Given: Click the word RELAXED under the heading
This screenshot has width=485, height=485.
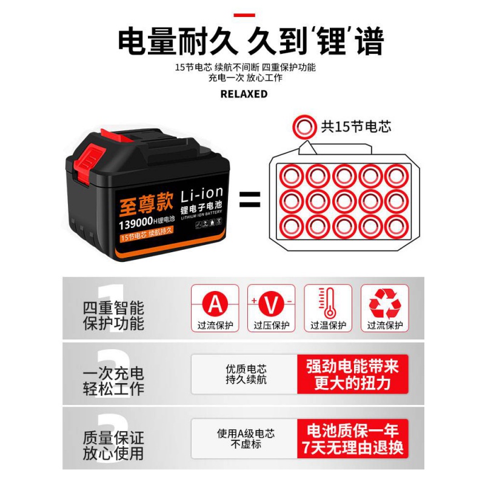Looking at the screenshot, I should pyautogui.click(x=243, y=94).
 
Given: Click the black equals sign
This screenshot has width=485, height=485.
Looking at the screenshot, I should pyautogui.click(x=250, y=199).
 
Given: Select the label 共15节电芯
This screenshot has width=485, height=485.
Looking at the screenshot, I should pyautogui.click(x=356, y=127).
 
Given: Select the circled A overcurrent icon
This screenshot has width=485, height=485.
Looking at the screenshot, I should pyautogui.click(x=215, y=302).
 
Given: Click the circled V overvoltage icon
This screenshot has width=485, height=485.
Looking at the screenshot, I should pyautogui.click(x=271, y=302).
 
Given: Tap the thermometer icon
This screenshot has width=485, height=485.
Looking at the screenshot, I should pyautogui.click(x=328, y=302).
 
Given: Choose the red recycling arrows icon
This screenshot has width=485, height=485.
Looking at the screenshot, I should pyautogui.click(x=384, y=302).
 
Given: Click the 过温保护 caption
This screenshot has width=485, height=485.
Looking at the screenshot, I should pyautogui.click(x=328, y=326).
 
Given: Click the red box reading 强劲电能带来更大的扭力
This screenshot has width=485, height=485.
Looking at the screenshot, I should pyautogui.click(x=352, y=374).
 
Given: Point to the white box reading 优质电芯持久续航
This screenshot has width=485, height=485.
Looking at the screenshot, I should pyautogui.click(x=245, y=374).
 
